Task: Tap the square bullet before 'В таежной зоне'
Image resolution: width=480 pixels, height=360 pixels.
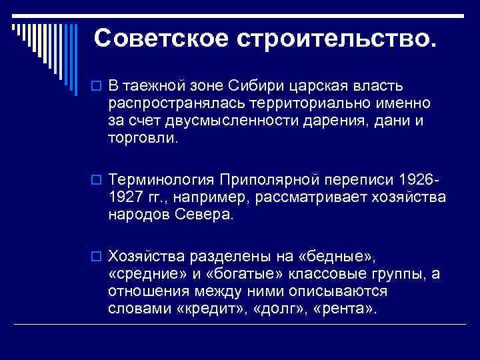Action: tap(97, 87)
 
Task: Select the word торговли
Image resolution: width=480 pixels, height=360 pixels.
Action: tap(143, 139)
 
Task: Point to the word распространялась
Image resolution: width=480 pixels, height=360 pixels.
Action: tap(177, 104)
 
